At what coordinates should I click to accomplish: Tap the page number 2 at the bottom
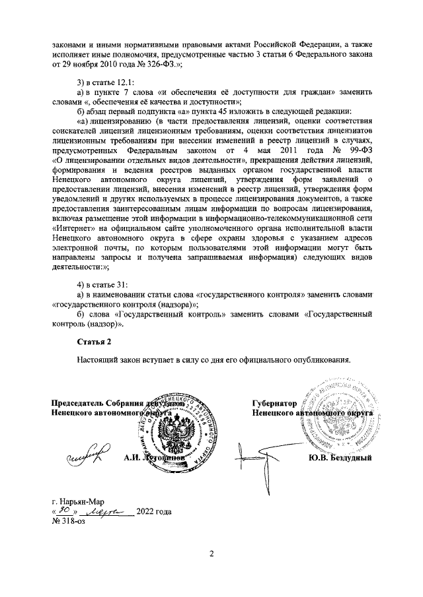(x=211, y=553)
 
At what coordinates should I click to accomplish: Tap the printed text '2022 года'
(x=154, y=511)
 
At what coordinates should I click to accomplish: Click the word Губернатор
(x=271, y=403)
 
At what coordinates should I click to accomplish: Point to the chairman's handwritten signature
(x=87, y=455)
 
